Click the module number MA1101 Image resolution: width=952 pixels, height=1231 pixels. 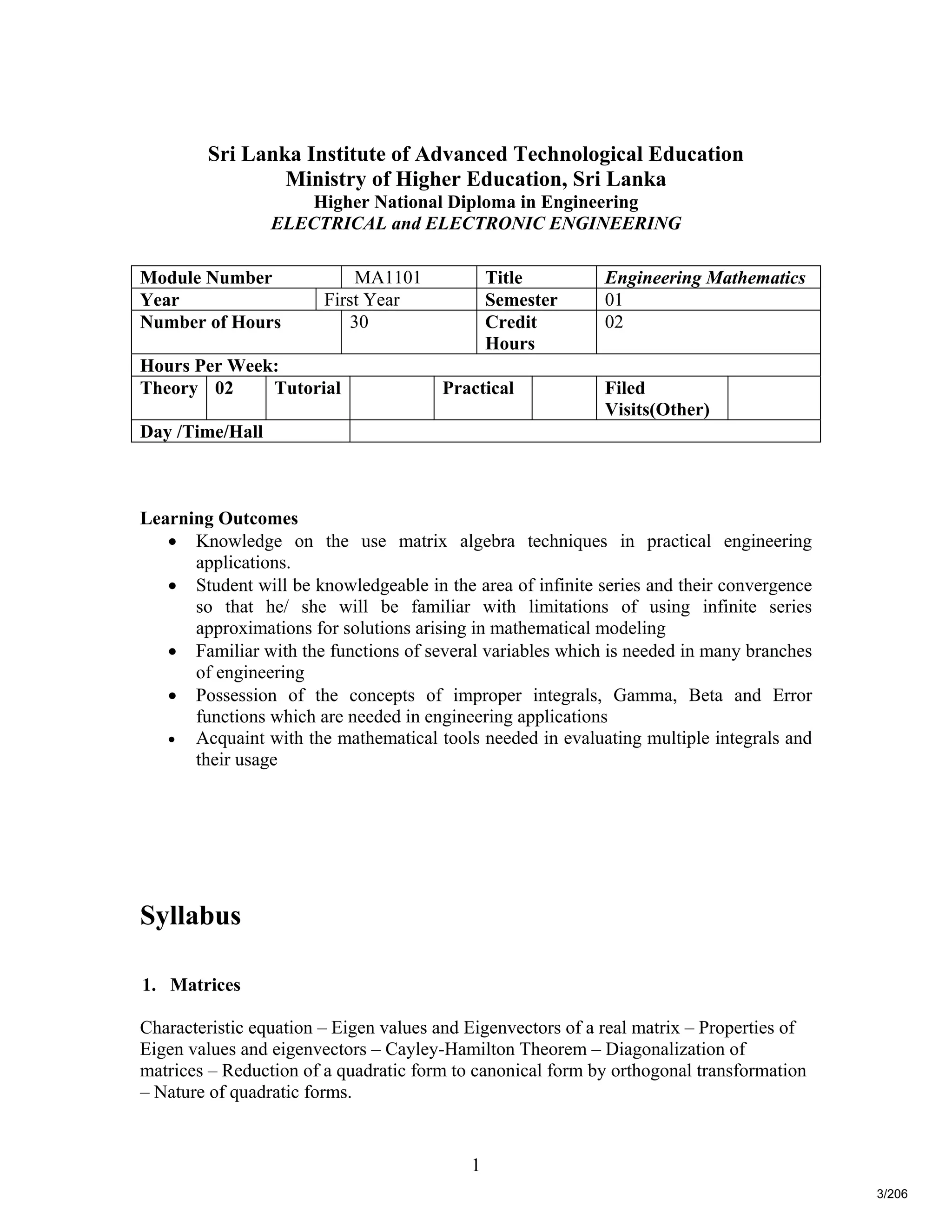click(x=388, y=277)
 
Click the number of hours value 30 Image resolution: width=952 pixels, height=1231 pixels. click(x=359, y=322)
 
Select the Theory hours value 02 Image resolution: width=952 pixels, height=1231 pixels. click(x=224, y=388)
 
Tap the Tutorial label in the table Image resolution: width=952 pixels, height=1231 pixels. click(x=307, y=388)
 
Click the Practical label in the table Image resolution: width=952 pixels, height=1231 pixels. click(x=478, y=388)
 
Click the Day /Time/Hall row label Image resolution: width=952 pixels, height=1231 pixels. click(x=201, y=432)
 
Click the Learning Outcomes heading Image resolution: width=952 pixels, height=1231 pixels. click(x=219, y=518)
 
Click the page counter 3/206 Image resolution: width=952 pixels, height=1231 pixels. click(x=892, y=1194)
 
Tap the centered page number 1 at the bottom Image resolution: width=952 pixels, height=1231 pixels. click(x=476, y=1165)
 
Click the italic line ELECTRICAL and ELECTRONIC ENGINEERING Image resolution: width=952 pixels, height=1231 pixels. click(x=476, y=223)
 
